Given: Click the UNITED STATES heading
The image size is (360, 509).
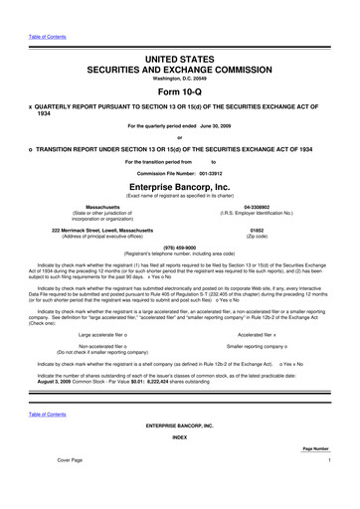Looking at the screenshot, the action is [179, 35].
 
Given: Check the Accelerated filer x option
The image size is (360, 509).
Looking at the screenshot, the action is [260, 334].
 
